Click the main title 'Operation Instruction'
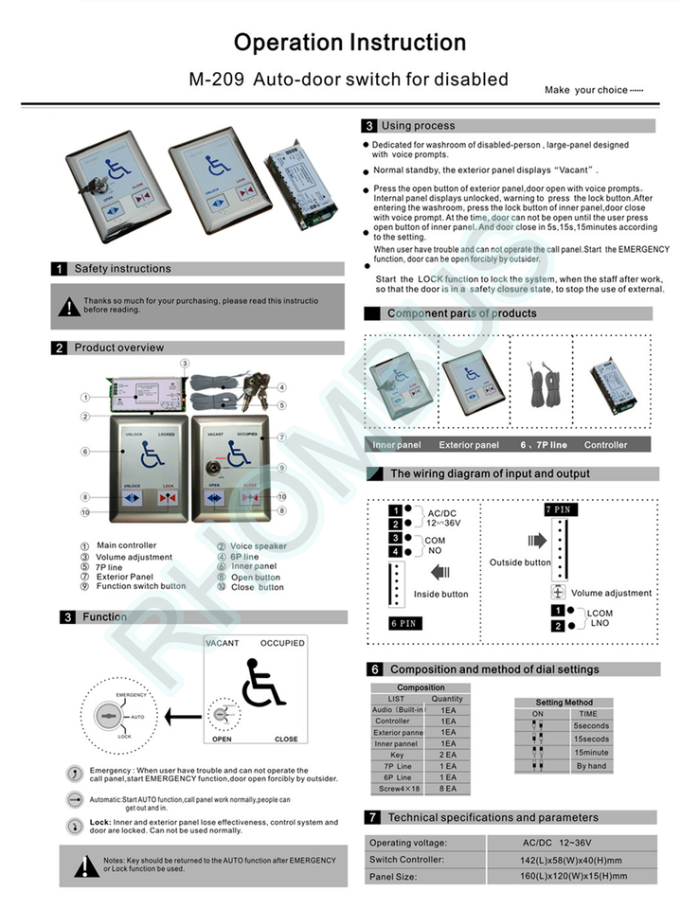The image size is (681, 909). (349, 43)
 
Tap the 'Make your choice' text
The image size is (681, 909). (593, 90)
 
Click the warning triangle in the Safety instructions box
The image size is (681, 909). (69, 306)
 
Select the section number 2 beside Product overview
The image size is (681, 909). (60, 348)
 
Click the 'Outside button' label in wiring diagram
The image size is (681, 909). (520, 562)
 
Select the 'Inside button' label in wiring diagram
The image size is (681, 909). (440, 595)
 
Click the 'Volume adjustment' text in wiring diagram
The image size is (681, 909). (611, 593)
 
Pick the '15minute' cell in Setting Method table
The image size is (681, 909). (592, 752)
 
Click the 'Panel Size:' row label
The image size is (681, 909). (395, 877)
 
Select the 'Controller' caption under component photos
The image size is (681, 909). (605, 444)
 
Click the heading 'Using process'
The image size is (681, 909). (418, 126)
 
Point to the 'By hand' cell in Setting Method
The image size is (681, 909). (592, 765)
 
